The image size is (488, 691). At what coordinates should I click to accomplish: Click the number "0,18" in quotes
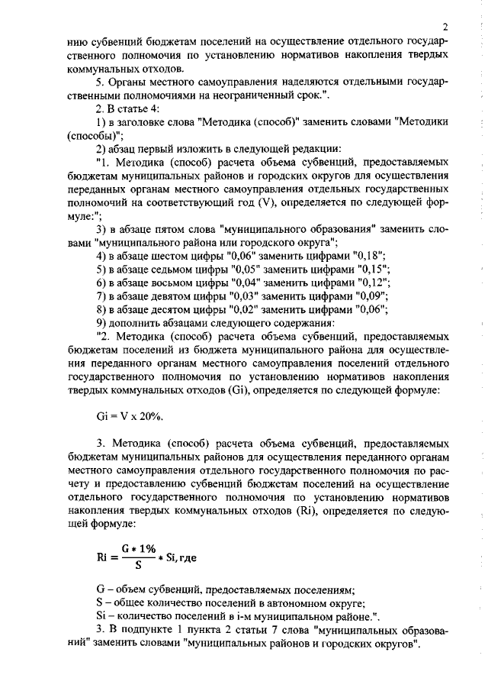click(369, 255)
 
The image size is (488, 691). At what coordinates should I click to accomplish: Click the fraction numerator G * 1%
click(139, 548)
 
